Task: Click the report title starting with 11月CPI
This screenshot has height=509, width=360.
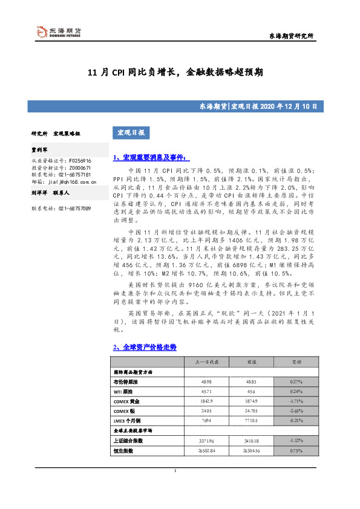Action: (175, 72)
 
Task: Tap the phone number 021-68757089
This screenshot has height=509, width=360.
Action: (75, 208)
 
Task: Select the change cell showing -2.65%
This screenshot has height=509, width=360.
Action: (296, 411)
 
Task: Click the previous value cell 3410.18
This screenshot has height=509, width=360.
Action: (252, 441)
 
